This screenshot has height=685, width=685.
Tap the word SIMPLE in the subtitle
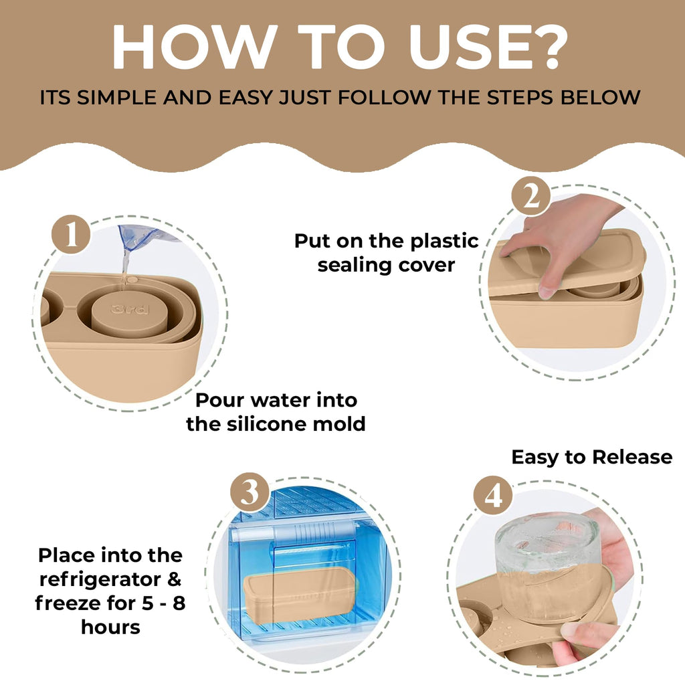(116, 98)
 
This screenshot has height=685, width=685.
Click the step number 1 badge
(71, 235)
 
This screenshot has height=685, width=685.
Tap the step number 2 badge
(531, 196)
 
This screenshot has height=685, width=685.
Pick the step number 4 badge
(493, 496)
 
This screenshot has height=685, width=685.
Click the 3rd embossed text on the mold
(130, 309)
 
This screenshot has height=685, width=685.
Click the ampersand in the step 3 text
(175, 579)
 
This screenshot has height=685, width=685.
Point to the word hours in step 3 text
(110, 627)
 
